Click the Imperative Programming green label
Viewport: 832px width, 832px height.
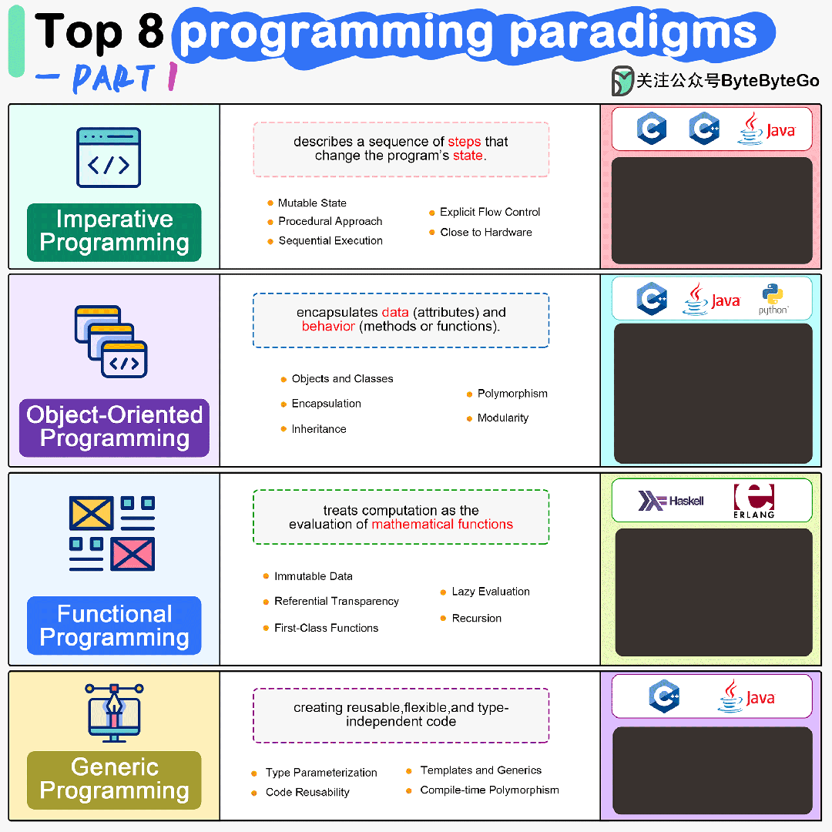pos(114,231)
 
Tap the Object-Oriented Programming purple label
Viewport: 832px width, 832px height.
pos(114,427)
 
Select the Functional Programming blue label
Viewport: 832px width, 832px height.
pos(114,626)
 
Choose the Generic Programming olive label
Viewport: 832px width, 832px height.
pos(114,779)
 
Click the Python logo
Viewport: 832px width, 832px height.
pos(773,299)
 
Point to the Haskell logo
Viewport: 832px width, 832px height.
pos(671,501)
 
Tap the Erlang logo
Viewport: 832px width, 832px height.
pos(753,501)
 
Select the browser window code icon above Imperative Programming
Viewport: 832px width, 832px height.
pos(109,158)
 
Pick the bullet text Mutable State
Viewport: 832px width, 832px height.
pos(312,203)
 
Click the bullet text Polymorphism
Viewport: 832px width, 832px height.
pos(512,394)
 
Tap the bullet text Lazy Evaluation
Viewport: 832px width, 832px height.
pos(491,592)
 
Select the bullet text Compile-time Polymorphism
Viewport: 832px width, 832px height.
pos(489,790)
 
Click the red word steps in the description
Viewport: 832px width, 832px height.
pos(465,142)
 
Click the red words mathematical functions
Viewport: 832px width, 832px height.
pos(442,525)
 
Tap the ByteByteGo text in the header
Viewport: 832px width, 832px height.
pos(770,81)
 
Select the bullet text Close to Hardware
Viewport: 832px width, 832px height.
pos(486,232)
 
